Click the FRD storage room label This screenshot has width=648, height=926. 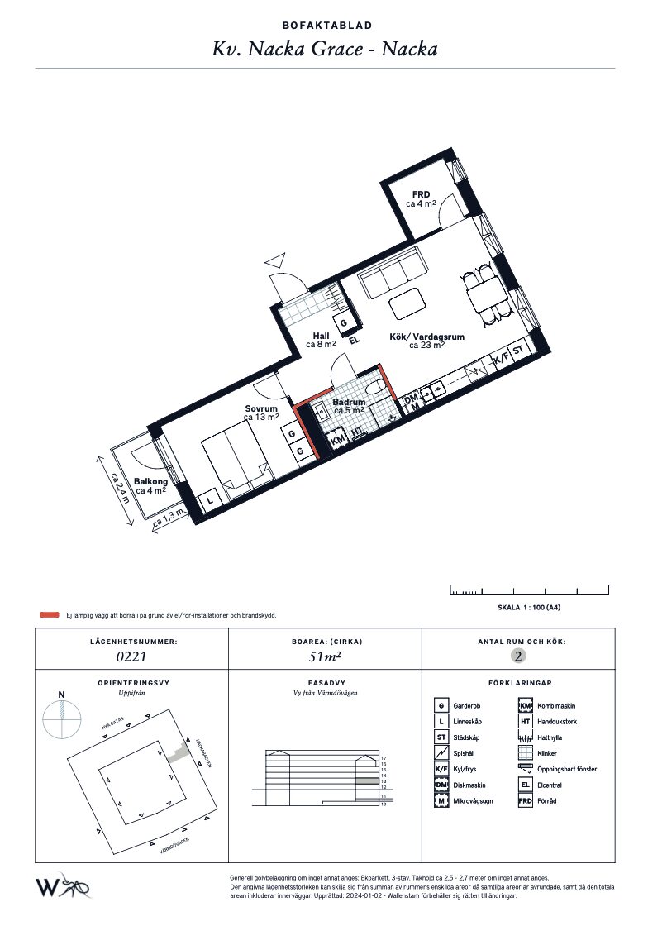(x=421, y=196)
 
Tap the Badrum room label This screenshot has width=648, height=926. (x=348, y=403)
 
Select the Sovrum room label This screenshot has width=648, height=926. (x=261, y=409)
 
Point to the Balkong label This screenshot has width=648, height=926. (x=150, y=482)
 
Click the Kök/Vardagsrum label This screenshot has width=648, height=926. (x=426, y=337)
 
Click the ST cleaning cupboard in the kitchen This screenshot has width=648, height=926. (x=519, y=351)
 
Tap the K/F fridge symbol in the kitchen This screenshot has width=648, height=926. (x=499, y=360)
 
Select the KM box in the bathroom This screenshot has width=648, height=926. (x=337, y=441)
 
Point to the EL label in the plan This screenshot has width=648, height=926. (x=355, y=340)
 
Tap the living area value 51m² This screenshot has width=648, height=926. (x=324, y=657)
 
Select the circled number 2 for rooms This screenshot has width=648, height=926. (x=518, y=657)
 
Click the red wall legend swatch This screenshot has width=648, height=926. (x=50, y=615)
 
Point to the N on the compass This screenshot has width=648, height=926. (x=60, y=694)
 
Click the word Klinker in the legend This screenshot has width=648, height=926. (x=546, y=753)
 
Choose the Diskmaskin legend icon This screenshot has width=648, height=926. (x=442, y=785)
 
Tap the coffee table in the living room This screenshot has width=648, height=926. (x=406, y=304)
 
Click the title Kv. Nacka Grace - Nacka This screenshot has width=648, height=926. (x=324, y=49)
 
